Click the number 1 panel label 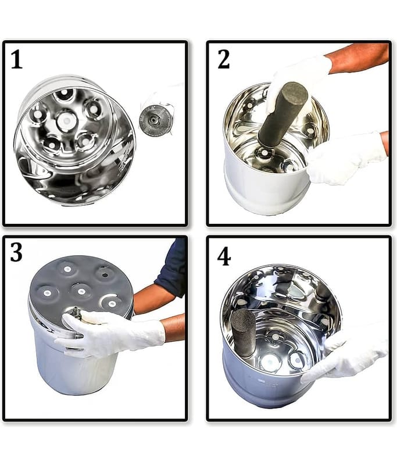click(17, 59)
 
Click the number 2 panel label click(224, 59)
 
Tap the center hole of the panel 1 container click(66, 121)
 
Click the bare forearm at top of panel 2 click(359, 58)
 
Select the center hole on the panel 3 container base click(81, 291)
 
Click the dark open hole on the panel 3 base click(104, 274)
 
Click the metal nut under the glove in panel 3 click(76, 312)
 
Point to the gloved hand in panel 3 click(110, 332)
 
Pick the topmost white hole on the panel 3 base click(68, 269)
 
